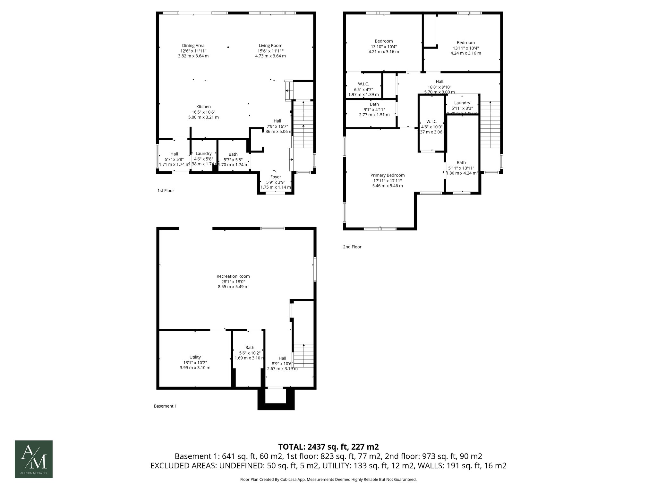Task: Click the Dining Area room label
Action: point(193,46)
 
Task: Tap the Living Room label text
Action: point(270,46)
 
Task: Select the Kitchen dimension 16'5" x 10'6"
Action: point(203,112)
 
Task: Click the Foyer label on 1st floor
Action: point(276,177)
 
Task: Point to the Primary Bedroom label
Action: point(387,175)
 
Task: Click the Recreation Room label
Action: point(233,276)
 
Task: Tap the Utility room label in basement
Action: point(195,357)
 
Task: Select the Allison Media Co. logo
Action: point(34,459)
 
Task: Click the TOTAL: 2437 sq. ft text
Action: point(328,447)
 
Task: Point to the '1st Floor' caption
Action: point(166,191)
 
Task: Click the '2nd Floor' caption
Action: point(352,247)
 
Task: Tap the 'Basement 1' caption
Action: point(165,406)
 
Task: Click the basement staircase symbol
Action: point(303,356)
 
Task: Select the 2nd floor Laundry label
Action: point(462,103)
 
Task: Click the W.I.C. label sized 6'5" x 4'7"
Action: point(363,84)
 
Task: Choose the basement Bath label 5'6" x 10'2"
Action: point(250,348)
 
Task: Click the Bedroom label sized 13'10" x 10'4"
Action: point(384,41)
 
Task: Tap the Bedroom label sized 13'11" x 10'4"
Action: point(465,43)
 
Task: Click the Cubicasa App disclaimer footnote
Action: point(328,480)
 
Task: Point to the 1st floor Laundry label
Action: point(203,153)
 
